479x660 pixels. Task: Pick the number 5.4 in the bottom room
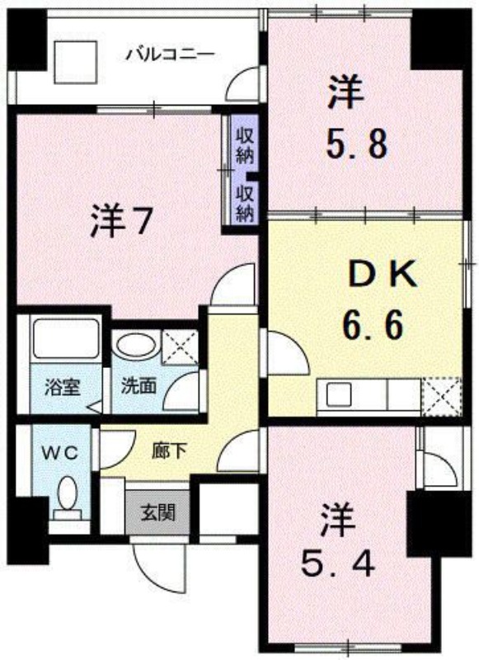tap(337, 565)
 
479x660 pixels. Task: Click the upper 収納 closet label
tap(245, 145)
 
